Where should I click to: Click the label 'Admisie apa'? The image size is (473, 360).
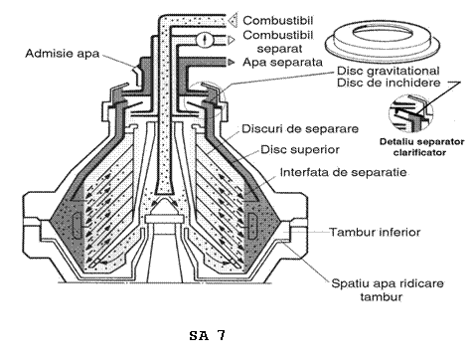click(x=63, y=54)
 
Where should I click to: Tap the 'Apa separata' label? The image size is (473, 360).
click(x=282, y=62)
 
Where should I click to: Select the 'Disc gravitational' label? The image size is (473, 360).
click(x=389, y=71)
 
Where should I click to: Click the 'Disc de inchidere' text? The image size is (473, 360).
click(x=389, y=83)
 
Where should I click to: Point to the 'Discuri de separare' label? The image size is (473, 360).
click(x=300, y=128)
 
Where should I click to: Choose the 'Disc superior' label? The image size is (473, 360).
click(x=300, y=149)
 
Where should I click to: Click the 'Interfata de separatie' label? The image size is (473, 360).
click(x=344, y=172)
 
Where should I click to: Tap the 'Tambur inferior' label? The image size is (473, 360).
click(x=375, y=232)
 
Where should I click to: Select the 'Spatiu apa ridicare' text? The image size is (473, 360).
click(x=388, y=283)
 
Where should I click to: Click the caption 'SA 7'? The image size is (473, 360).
click(x=208, y=335)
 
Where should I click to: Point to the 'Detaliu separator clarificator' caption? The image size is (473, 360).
click(x=421, y=147)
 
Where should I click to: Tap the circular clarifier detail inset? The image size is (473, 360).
click(x=410, y=113)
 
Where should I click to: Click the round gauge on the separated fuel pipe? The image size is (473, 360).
click(x=203, y=39)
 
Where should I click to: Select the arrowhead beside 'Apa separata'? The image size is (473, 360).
click(x=231, y=62)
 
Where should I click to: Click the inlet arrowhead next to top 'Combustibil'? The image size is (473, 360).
click(x=234, y=20)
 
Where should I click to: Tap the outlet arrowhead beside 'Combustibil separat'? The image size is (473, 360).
click(x=231, y=40)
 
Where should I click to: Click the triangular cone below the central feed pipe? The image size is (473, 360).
click(x=164, y=206)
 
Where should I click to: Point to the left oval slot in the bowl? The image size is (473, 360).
click(x=77, y=226)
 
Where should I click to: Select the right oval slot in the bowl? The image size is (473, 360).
click(x=252, y=226)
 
